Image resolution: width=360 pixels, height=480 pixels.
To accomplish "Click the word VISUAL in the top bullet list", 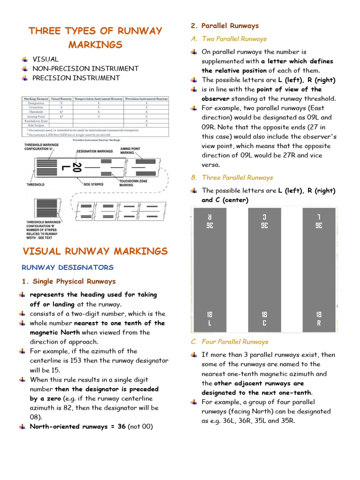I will (45, 59).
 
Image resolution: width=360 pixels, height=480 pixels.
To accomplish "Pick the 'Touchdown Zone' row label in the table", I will (36, 121).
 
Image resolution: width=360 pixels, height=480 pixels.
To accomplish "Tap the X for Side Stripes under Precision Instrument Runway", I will (147, 126).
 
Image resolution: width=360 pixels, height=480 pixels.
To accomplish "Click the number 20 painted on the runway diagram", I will (76, 167).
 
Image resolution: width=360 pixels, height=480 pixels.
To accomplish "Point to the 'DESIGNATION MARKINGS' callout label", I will (94, 151).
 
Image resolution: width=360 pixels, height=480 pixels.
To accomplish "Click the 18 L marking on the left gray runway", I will (209, 318).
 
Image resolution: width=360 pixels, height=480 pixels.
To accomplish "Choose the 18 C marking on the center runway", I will (264, 318).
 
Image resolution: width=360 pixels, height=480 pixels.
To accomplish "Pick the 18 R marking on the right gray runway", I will (319, 318).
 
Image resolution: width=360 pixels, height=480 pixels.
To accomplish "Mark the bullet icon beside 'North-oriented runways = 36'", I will (22, 427).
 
